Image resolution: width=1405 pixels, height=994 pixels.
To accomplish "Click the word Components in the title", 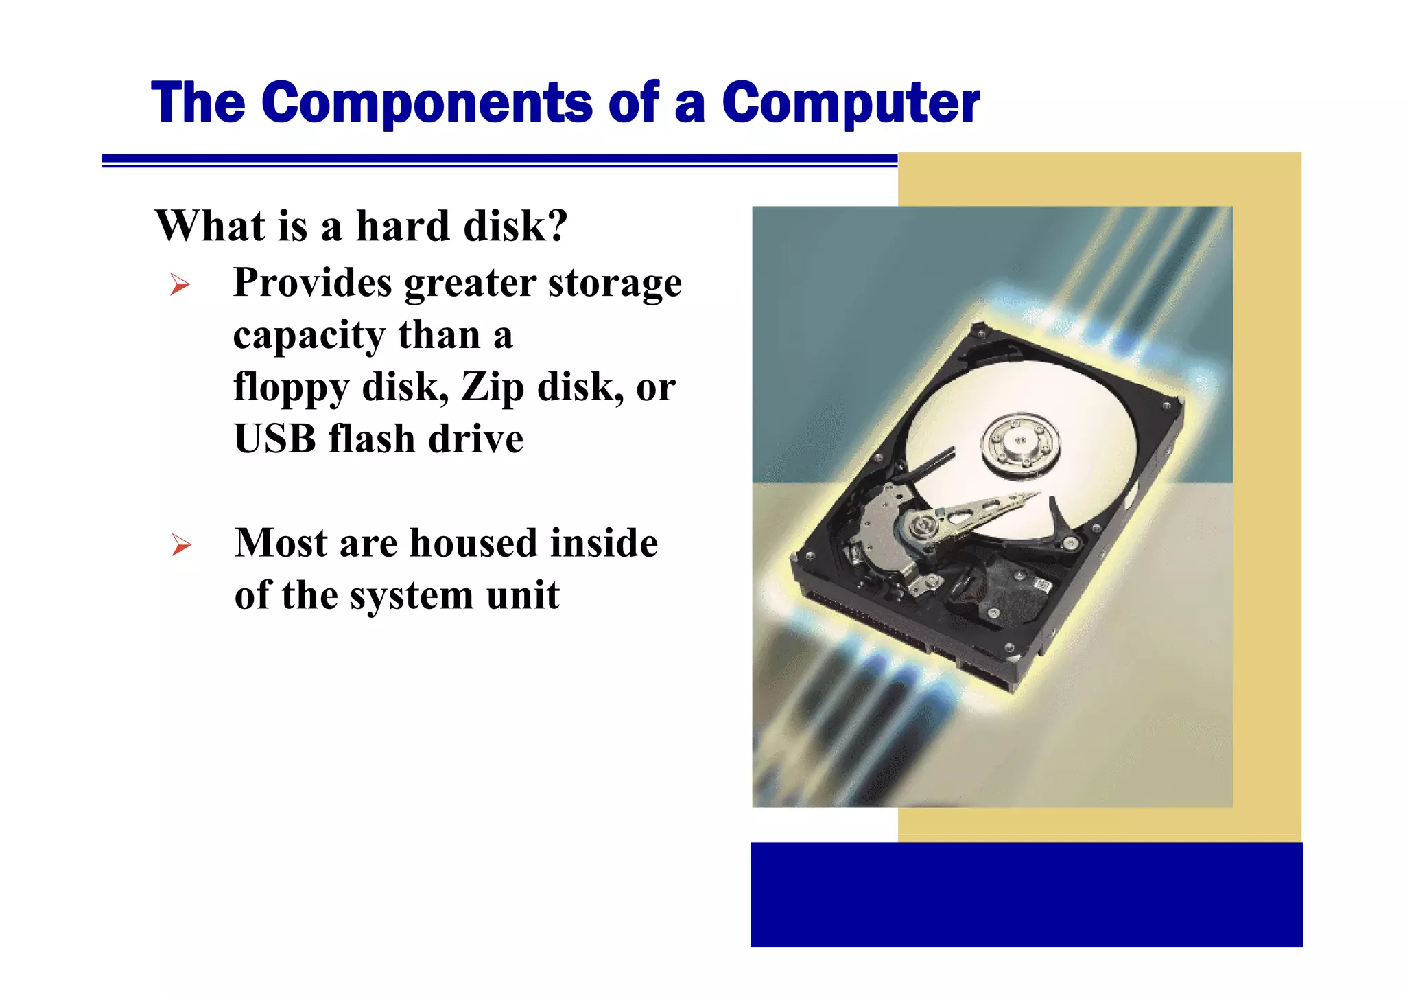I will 426,103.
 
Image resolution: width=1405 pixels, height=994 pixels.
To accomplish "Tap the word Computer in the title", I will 851,103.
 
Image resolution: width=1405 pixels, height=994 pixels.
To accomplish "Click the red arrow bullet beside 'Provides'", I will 180,284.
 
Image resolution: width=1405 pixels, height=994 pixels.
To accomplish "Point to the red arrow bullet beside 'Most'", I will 181,545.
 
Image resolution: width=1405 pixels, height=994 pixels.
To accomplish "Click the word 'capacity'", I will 309,336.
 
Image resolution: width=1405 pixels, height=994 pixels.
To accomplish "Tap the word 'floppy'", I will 291,388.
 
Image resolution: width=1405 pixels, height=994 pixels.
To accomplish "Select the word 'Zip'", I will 491,388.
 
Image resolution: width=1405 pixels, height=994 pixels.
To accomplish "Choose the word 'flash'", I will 371,439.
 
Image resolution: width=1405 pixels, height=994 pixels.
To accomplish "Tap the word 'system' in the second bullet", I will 412,596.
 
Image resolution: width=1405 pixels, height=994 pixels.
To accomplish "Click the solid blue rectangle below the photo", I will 1026,895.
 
